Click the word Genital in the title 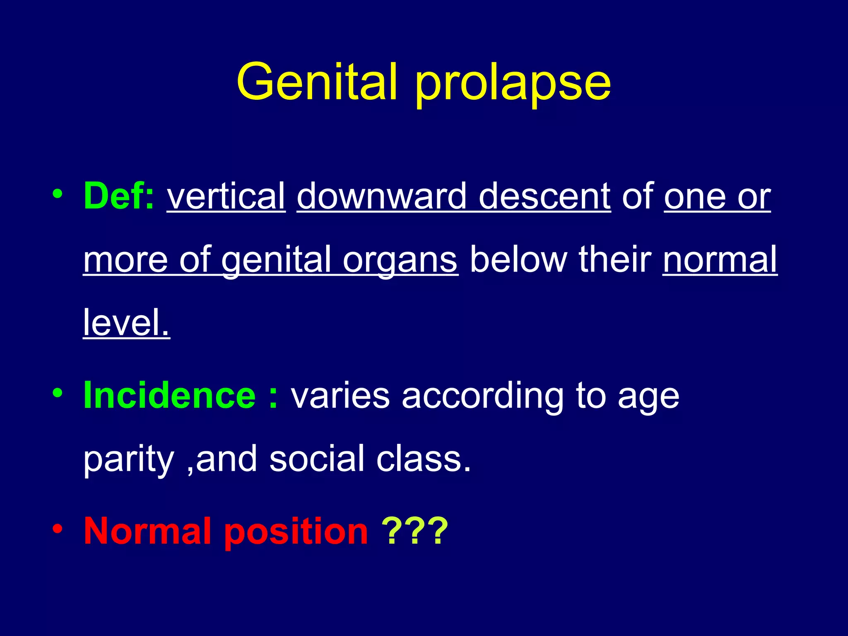click(x=317, y=82)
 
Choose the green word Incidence click(x=170, y=395)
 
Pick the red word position click(x=296, y=532)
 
